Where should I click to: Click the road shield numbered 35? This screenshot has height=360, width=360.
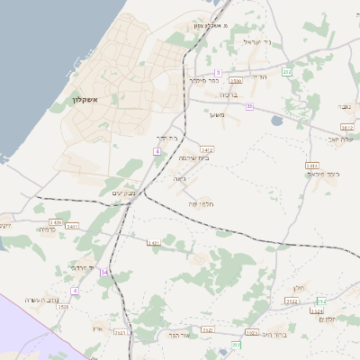click(249, 106)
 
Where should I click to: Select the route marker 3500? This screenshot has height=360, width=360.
click(236, 81)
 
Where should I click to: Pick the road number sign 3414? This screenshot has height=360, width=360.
click(207, 149)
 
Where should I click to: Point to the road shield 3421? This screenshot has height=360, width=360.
click(154, 242)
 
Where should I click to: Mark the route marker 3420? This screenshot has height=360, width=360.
click(56, 221)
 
